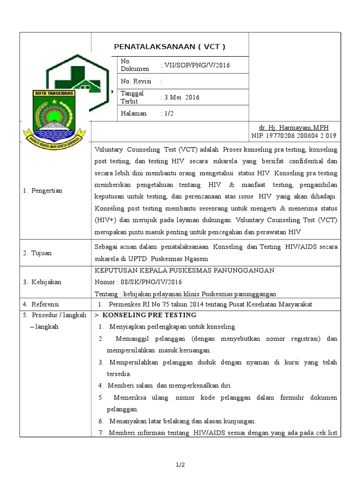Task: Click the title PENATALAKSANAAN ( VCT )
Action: pos(170,47)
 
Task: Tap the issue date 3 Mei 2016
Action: pos(180,97)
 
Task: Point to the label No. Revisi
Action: pos(134,82)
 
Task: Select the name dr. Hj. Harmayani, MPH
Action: pos(294,127)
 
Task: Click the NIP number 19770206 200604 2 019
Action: pos(294,135)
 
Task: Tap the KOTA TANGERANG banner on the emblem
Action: pos(53,94)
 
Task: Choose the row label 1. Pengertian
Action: pos(43,191)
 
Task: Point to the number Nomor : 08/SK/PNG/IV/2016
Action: pos(138,282)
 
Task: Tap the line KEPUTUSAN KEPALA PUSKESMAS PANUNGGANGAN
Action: pos(185,271)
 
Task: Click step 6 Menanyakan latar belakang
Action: pos(183,421)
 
